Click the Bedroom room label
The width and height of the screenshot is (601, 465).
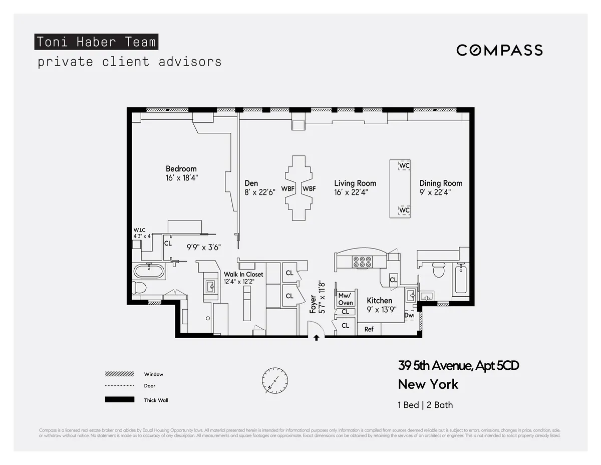[181, 169]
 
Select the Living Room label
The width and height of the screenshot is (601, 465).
[355, 183]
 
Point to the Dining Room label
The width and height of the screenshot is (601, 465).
[441, 183]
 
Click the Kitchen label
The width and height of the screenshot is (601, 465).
[379, 301]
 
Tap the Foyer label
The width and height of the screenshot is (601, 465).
[313, 304]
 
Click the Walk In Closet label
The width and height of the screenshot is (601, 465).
[243, 274]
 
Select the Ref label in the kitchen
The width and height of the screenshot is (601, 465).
[369, 329]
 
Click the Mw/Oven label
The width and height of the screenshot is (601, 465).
[346, 299]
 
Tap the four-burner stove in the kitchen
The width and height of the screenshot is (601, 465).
[362, 261]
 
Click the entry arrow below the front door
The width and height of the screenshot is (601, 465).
[316, 338]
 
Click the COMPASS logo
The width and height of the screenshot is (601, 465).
[499, 50]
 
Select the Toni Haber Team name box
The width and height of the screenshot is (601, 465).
[96, 42]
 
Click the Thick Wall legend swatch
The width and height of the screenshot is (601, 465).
[120, 399]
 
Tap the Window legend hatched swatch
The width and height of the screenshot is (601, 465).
[120, 374]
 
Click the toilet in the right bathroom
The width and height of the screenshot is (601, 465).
[438, 271]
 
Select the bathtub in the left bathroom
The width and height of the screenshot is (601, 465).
[149, 272]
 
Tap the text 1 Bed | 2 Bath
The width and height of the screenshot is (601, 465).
[425, 405]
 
